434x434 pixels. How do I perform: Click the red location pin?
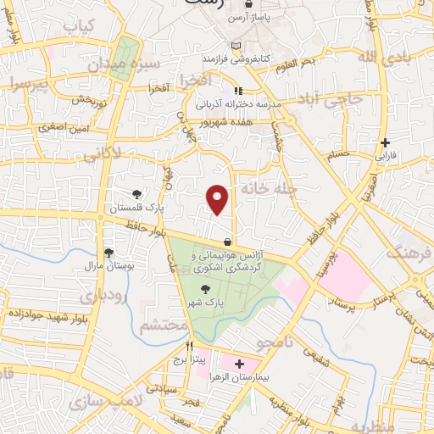click(219, 199)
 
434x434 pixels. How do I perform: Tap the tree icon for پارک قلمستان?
click(137, 194)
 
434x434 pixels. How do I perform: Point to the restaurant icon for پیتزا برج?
click(190, 347)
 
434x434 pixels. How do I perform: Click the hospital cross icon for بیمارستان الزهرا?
click(239, 364)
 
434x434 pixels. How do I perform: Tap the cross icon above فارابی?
click(386, 142)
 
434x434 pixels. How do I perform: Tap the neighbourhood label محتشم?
click(163, 325)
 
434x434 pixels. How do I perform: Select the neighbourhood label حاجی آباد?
click(337, 98)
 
